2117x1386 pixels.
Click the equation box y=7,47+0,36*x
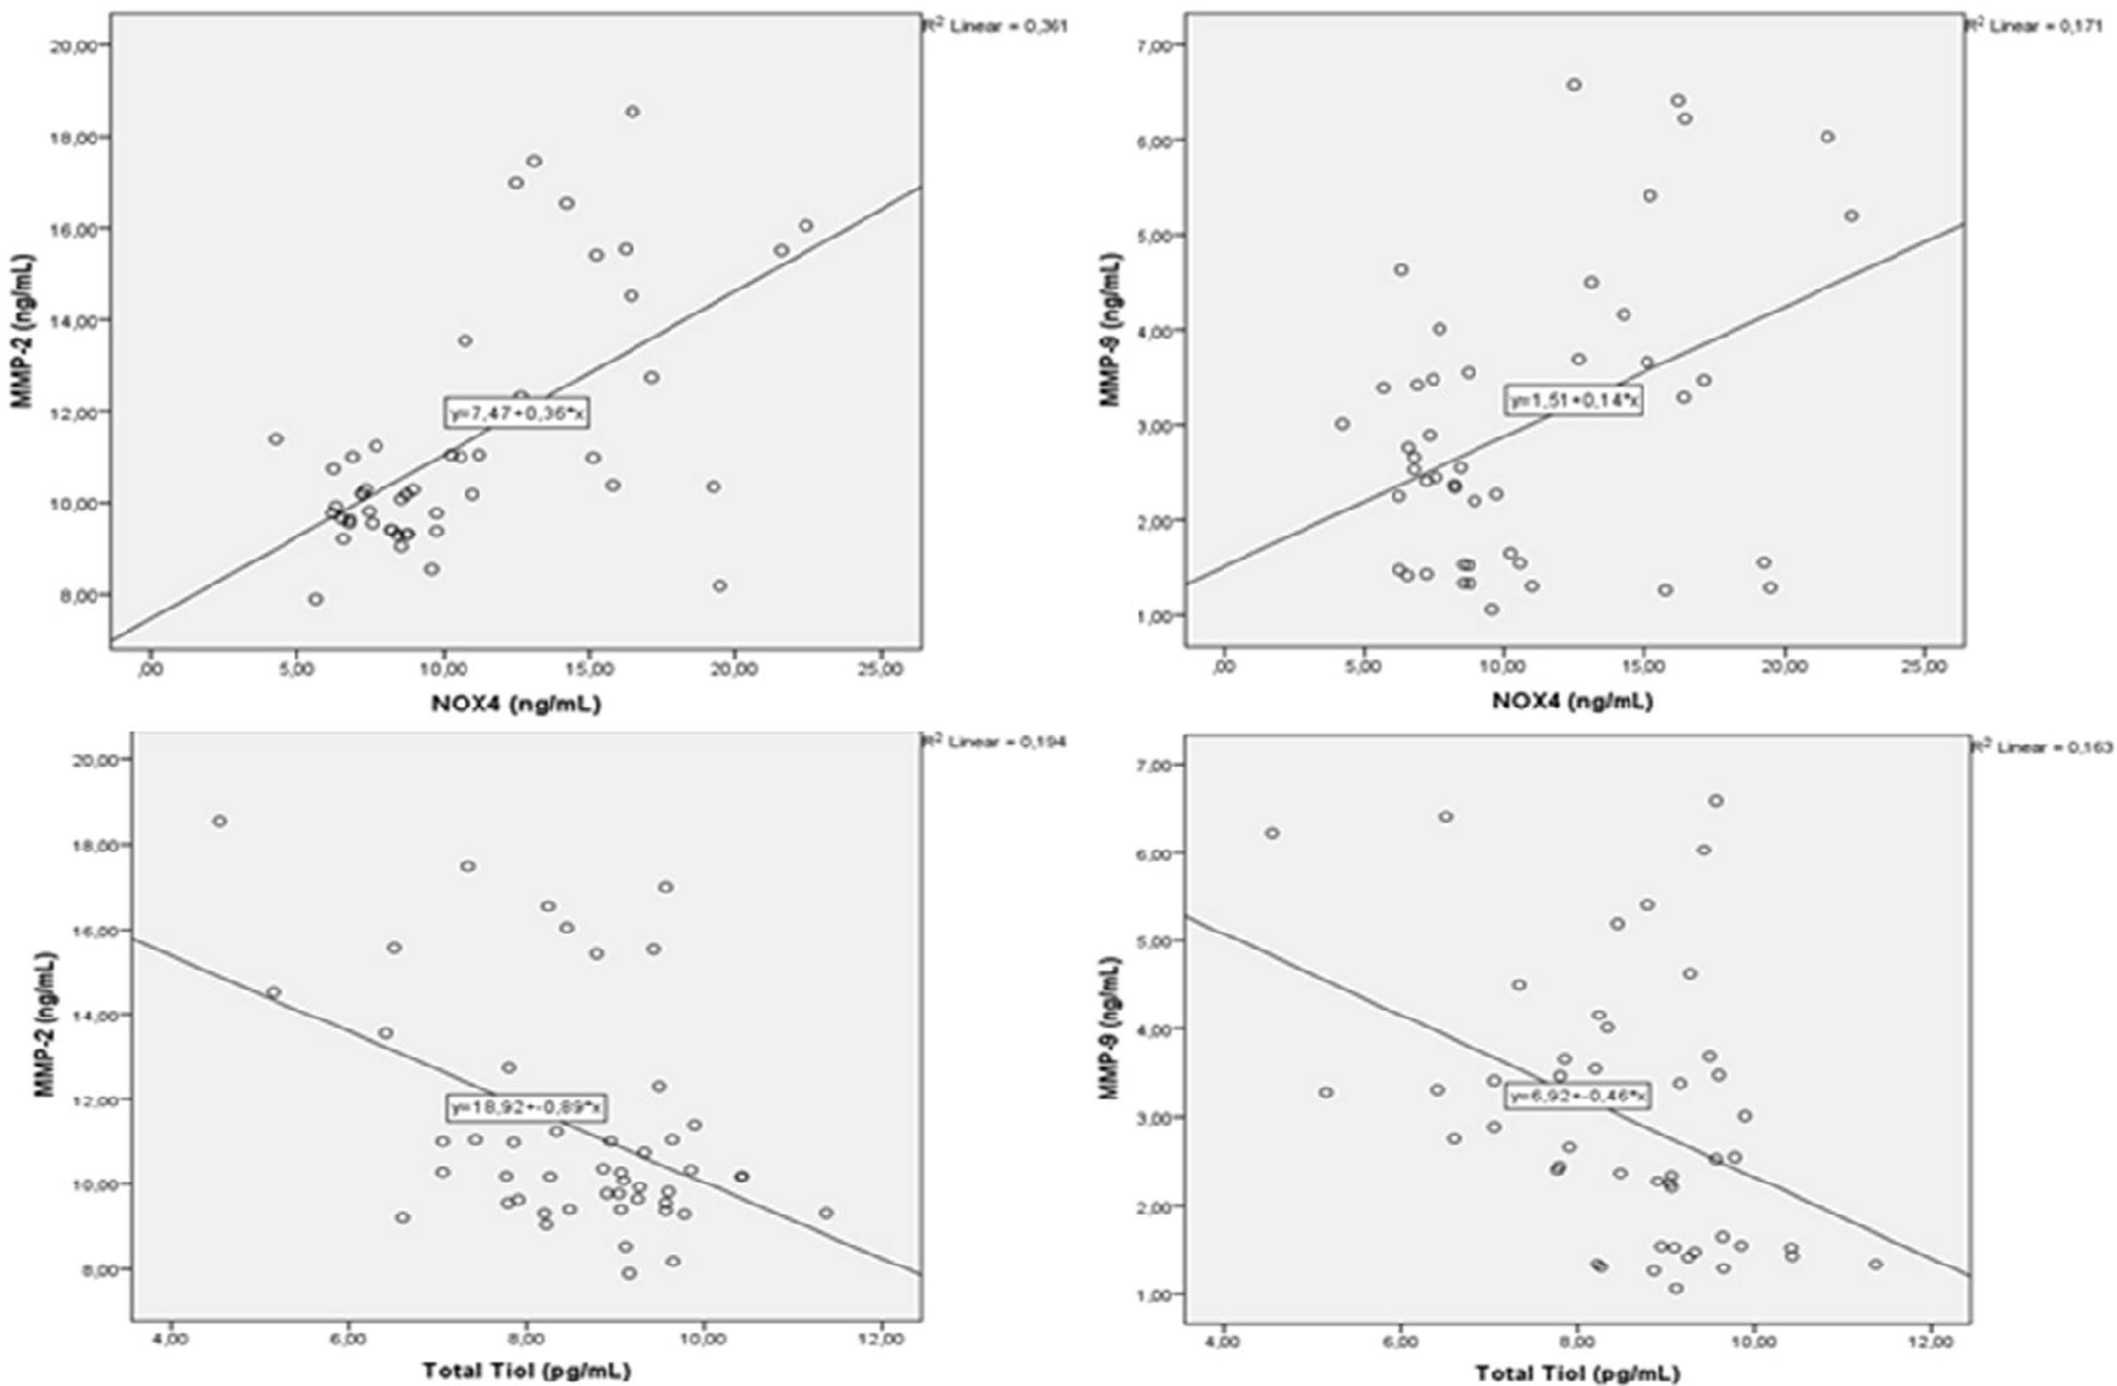pos(517,413)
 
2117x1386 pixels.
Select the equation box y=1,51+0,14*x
pos(1573,401)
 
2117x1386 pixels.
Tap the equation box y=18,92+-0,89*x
pos(528,1107)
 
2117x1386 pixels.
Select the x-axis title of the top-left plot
pos(516,704)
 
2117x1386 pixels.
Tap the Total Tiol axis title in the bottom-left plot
pos(527,1371)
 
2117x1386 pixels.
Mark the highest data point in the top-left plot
pos(633,111)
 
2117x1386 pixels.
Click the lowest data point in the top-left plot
pos(315,599)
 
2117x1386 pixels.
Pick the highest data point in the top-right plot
pos(1573,85)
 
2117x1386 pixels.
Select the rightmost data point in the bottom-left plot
pos(826,1212)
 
